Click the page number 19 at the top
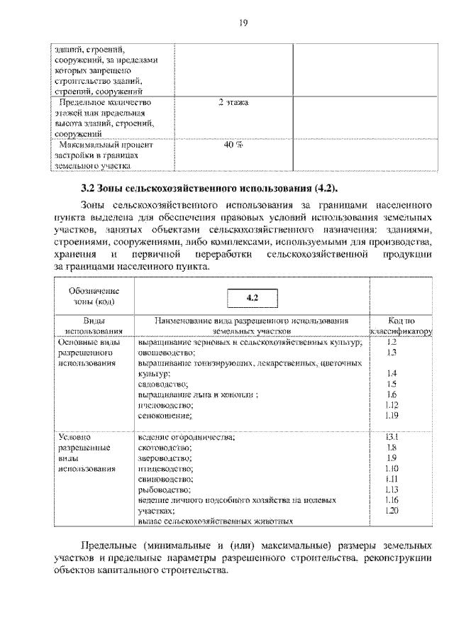click(x=243, y=23)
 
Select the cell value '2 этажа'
click(x=233, y=103)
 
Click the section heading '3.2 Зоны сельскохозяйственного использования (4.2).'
click(x=209, y=188)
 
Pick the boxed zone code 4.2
click(x=252, y=298)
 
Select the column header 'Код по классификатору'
click(x=401, y=326)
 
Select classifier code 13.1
click(x=392, y=438)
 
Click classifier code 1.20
click(x=392, y=510)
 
